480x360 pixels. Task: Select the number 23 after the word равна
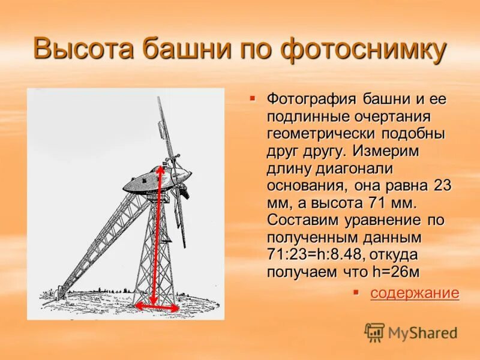pos(442,185)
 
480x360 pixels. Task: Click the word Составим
pos(307,220)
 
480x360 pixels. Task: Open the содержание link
pos(415,293)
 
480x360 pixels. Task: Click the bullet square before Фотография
pos(253,97)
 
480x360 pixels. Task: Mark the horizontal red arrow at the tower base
pos(157,306)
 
